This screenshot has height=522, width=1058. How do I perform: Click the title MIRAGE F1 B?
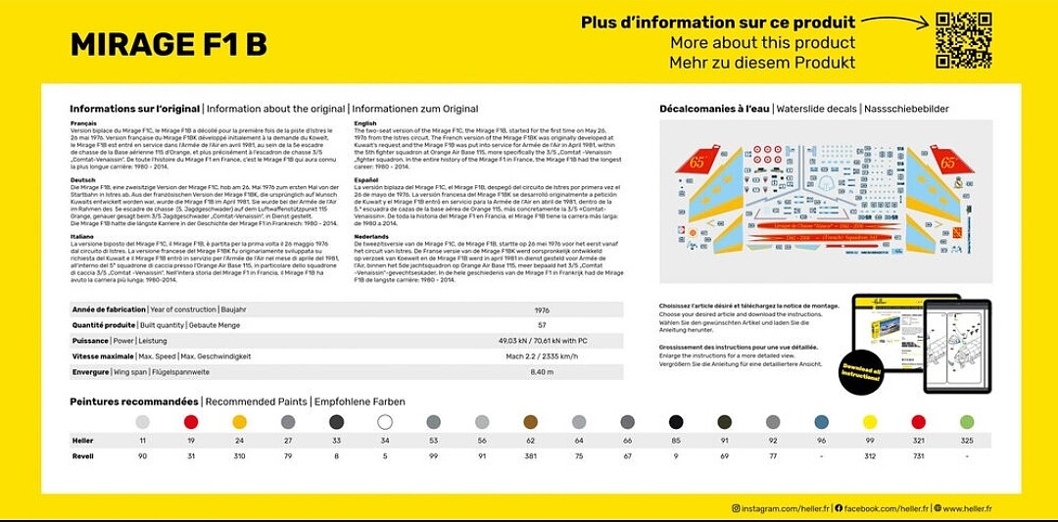168,45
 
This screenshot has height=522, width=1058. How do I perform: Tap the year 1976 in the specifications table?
542,309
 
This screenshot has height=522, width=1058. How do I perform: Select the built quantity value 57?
542,325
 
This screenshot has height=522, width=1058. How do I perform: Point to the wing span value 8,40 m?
542,372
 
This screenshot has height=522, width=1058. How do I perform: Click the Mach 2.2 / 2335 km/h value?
542,356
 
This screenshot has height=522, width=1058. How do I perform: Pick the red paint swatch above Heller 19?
191,422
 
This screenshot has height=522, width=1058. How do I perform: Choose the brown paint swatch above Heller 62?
531,422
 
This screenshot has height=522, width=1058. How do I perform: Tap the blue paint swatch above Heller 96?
822,422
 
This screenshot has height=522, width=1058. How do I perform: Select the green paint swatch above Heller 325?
967,422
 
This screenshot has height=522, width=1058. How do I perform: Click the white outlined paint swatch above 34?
385,422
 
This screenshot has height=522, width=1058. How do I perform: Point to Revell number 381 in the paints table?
531,456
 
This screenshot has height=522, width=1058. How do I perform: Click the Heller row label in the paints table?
83,442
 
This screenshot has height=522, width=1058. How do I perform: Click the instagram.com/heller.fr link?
781,508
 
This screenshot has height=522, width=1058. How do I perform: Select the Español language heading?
366,180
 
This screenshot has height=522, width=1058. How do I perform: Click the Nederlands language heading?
371,236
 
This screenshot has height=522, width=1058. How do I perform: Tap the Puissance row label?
90,341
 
